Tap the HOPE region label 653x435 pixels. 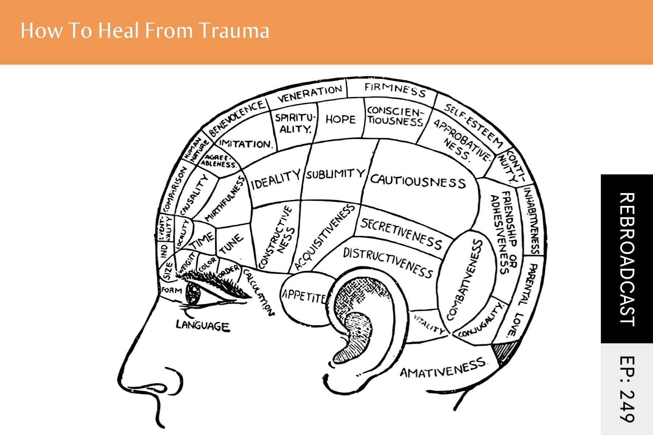click(x=340, y=119)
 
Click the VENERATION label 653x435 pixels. click(x=310, y=93)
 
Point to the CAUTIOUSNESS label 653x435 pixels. click(x=418, y=181)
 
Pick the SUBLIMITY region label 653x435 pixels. click(x=334, y=174)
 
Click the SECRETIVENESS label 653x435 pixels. click(x=401, y=234)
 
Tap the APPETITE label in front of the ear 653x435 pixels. click(x=304, y=297)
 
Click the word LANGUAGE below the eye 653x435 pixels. click(x=203, y=325)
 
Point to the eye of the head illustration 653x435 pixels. click(x=194, y=293)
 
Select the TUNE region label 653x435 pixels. click(x=231, y=244)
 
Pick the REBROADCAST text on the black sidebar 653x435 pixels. click(x=627, y=259)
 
